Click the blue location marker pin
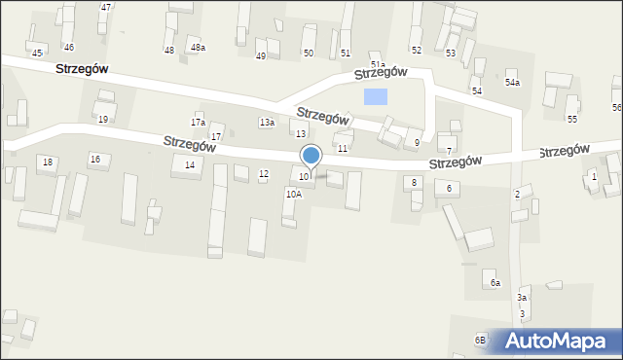pos(311,156)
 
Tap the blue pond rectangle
pos(375,96)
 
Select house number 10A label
pos(293,194)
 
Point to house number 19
pos(103,119)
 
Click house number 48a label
pos(198,48)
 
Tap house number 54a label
pos(512,83)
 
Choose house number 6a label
pos(495,282)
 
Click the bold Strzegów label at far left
pos(82,69)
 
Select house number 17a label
pos(198,123)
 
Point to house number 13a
pos(267,122)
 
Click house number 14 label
pos(190,165)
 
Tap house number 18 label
pos(48,162)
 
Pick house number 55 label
pos(572,119)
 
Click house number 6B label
pos(480,339)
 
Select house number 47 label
pos(106,7)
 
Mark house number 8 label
pos(415,182)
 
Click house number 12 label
pos(264,174)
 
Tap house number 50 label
pos(309,53)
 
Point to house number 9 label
pos(417,143)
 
